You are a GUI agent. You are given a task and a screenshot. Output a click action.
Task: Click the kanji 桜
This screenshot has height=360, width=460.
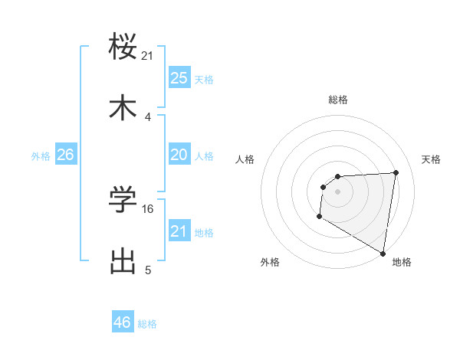click(x=123, y=47)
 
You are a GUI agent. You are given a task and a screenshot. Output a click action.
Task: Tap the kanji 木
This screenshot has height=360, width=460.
click(x=123, y=108)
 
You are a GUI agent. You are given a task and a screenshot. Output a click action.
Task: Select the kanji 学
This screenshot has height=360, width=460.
click(x=123, y=200)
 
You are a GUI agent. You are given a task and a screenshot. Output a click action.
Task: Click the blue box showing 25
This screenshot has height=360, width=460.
click(x=179, y=77)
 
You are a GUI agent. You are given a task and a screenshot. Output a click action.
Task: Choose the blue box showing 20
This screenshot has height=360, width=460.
click(x=179, y=155)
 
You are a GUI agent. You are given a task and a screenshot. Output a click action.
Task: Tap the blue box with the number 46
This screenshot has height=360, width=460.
click(x=123, y=322)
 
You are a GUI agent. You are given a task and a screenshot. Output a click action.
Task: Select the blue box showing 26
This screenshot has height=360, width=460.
click(x=65, y=155)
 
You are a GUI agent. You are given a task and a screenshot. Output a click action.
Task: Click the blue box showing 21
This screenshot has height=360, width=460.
click(x=179, y=231)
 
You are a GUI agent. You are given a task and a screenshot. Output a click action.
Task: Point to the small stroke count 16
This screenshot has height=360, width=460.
click(x=149, y=209)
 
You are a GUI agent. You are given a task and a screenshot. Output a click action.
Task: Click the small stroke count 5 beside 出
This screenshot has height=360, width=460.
click(x=148, y=270)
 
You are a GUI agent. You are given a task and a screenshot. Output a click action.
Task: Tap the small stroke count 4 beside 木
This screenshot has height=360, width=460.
click(x=148, y=117)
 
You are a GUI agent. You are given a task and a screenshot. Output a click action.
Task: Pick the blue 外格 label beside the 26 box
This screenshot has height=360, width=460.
click(x=41, y=156)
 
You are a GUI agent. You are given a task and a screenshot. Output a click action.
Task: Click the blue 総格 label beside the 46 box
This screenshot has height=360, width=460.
click(x=147, y=324)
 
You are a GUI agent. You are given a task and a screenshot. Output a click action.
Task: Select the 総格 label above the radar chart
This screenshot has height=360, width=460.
click(x=337, y=100)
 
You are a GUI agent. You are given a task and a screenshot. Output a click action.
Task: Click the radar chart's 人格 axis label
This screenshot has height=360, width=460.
click(x=245, y=159)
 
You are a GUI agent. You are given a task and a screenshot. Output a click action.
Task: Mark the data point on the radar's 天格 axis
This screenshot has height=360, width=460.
click(x=396, y=172)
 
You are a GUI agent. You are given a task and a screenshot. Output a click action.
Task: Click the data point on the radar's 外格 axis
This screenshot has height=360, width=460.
click(x=319, y=217)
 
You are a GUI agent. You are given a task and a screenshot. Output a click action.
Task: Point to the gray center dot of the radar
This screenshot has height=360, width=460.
click(x=337, y=191)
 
